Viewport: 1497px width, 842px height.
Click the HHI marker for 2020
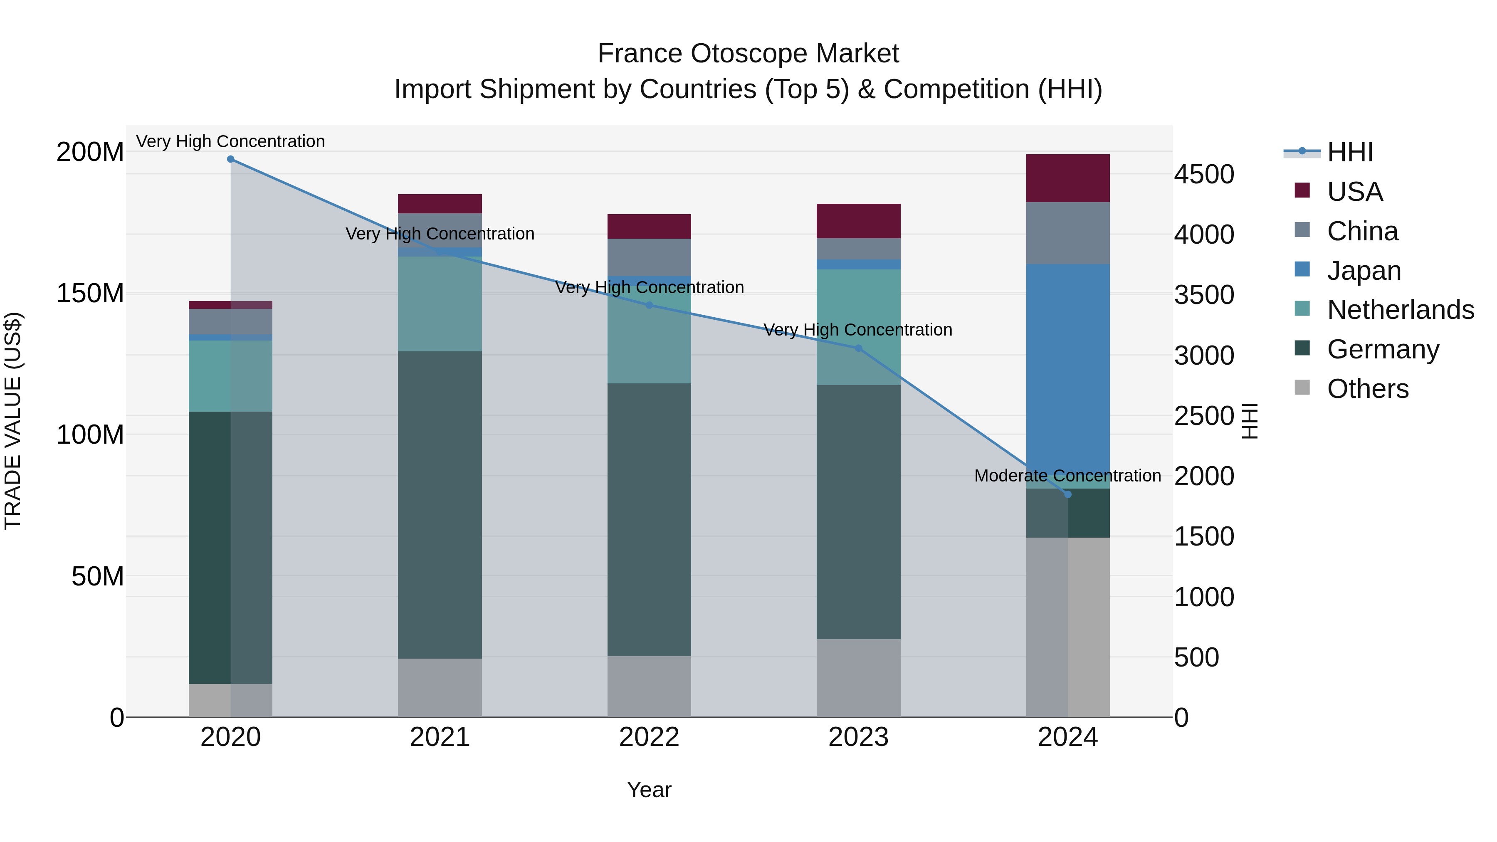coord(231,159)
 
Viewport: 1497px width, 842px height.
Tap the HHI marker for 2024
coord(1067,494)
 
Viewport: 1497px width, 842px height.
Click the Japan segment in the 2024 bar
coord(1067,372)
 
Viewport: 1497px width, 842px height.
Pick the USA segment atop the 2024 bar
coord(1067,178)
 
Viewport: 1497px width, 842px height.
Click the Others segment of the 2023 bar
coord(858,678)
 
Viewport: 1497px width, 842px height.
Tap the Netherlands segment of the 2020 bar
coord(231,376)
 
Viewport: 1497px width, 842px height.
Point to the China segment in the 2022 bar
coord(649,257)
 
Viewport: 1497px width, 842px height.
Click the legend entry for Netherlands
coord(1401,310)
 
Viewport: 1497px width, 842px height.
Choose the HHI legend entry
coord(1350,152)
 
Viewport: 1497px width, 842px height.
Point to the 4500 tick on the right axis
coord(1204,174)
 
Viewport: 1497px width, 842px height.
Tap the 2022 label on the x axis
coord(649,737)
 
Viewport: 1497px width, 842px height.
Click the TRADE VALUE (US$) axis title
coord(13,421)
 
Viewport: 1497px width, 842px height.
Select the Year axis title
coord(649,790)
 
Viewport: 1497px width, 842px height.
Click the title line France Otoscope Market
coord(748,54)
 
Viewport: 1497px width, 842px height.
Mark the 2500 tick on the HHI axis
coord(1204,416)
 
